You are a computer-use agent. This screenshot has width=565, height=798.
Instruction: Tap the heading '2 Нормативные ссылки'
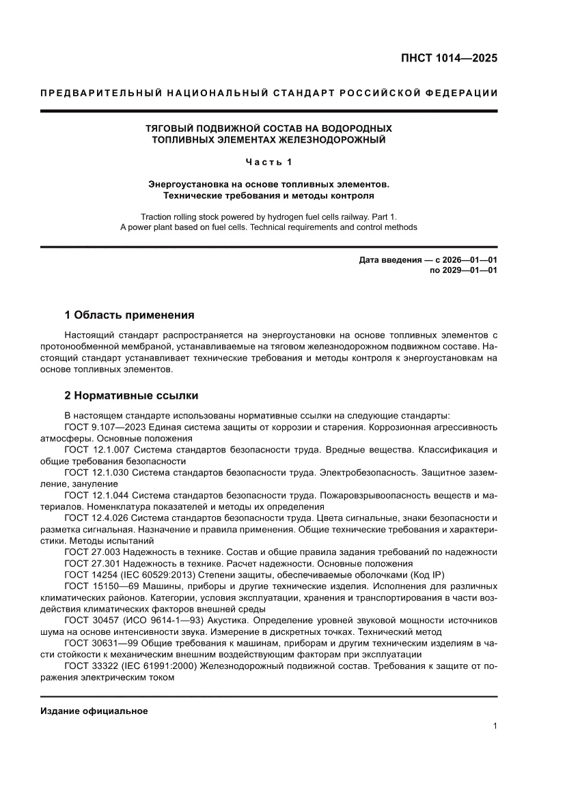pos(131,395)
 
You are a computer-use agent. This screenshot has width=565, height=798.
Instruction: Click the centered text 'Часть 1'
pos(268,162)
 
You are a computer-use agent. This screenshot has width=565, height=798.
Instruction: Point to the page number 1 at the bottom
pos(494,726)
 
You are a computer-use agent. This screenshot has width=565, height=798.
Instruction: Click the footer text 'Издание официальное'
pos(94,711)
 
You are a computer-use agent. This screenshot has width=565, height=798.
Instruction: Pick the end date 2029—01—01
pos(471,270)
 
